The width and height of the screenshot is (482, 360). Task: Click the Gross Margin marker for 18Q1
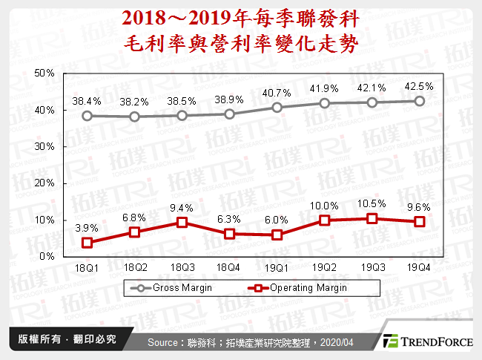88,116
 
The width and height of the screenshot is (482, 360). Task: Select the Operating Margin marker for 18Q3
182,222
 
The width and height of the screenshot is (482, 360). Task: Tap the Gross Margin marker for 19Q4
418,101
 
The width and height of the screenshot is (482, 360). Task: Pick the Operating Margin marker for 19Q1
277,235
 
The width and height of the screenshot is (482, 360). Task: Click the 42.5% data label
418,86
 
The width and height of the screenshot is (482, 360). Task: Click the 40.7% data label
277,93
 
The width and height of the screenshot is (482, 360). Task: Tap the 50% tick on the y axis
44,73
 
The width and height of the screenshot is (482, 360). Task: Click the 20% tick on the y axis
44,183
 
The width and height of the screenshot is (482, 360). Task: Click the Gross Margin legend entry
170,287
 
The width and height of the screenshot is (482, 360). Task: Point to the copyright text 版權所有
35,339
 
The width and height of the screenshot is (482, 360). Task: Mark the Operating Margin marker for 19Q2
324,220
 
